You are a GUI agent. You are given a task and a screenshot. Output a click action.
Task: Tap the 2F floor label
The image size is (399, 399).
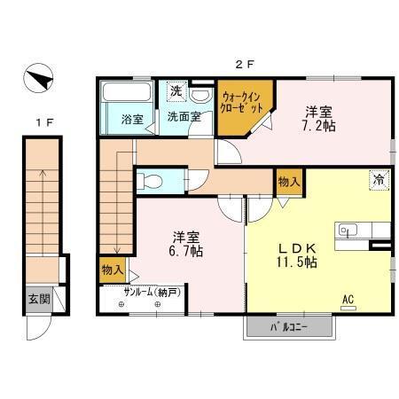tap(245, 63)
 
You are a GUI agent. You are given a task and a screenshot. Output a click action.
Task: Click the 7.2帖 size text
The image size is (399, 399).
tap(320, 128)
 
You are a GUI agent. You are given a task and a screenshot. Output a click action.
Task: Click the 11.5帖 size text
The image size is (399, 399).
tap(296, 262)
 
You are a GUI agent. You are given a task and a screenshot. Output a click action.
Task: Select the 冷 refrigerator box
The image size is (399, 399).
tap(379, 178)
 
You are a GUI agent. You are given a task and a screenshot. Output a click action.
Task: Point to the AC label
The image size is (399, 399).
tap(348, 301)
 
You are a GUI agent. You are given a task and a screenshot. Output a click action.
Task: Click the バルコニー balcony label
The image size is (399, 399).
tap(289, 328)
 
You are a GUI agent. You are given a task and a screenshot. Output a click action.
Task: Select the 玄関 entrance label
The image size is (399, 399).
tap(38, 299)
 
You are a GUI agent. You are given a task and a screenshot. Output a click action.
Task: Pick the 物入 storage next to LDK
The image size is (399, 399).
tap(288, 182)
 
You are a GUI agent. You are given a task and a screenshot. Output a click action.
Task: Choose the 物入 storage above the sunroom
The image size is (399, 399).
tap(112, 269)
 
